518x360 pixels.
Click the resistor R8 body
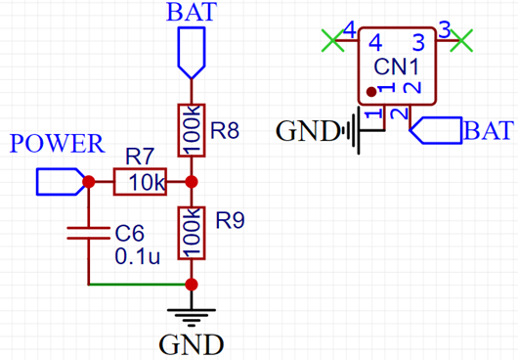[x=191, y=129]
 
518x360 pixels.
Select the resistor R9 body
[x=191, y=233]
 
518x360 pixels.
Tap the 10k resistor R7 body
[x=140, y=182]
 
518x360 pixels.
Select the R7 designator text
[x=140, y=156]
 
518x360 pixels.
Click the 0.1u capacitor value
[x=138, y=258]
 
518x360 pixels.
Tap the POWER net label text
[x=57, y=144]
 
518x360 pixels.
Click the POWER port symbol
[x=59, y=182]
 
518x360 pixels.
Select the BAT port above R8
[x=191, y=53]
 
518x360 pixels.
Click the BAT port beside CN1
[x=436, y=130]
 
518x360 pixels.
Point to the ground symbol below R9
[x=191, y=315]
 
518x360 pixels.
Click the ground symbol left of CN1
[x=353, y=130]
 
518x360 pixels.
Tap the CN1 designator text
[x=397, y=68]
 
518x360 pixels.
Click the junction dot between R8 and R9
[x=191, y=182]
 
